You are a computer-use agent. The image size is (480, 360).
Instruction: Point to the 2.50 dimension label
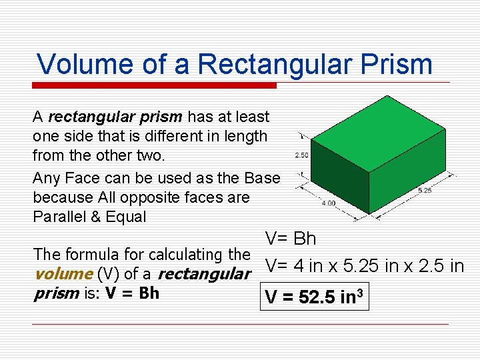click(301, 155)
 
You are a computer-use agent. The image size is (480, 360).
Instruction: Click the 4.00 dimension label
click(329, 203)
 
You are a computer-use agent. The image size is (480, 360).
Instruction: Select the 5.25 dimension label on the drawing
click(425, 191)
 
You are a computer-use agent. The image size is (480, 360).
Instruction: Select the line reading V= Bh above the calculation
click(291, 239)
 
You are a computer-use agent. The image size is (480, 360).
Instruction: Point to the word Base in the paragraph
click(262, 178)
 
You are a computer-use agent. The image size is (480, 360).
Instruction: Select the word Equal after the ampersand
click(127, 217)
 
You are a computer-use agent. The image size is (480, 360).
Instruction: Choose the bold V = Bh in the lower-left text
click(132, 293)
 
